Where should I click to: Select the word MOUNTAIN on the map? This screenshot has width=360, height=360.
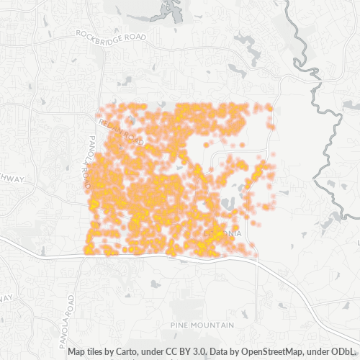click(215, 325)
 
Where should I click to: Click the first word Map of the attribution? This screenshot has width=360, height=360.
click(77, 352)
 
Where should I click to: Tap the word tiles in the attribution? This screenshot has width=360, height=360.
click(96, 352)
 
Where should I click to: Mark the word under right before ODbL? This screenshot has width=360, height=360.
click(320, 352)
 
